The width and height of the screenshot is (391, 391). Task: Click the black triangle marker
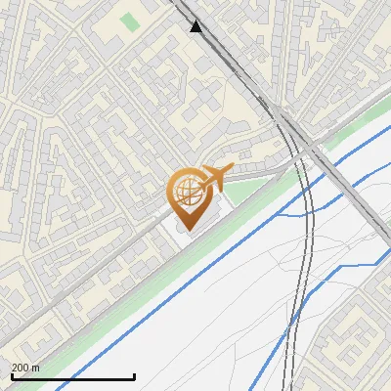point(196,26)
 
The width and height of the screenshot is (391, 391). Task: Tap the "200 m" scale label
point(25,368)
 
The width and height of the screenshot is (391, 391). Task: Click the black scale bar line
point(72,376)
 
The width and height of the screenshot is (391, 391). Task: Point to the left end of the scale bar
point(11,376)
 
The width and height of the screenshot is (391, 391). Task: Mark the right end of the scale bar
point(134,376)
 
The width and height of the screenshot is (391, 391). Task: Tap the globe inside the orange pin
point(187,191)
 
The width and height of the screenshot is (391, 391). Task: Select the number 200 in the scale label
point(20,368)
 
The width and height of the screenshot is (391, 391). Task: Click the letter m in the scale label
point(35,368)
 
